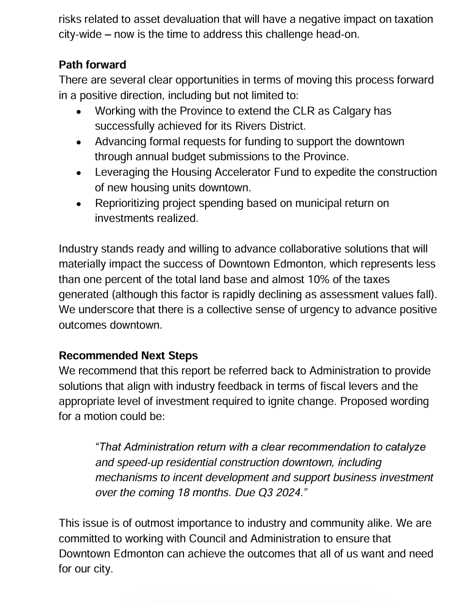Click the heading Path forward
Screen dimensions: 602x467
click(x=92, y=65)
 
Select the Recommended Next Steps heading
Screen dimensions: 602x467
click(x=128, y=356)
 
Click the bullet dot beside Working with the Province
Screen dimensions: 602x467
click(x=79, y=112)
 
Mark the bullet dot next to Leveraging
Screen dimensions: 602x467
click(x=79, y=173)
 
